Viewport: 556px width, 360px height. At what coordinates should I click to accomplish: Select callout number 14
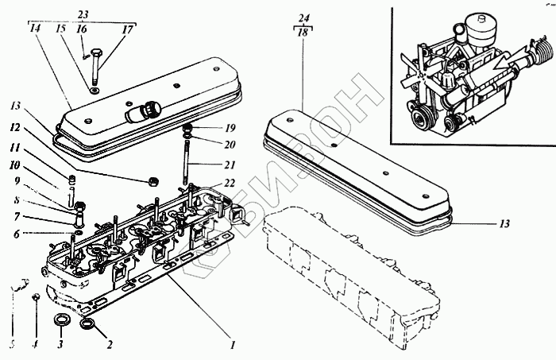pos(34,28)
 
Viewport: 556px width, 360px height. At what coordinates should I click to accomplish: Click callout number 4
pos(35,346)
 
